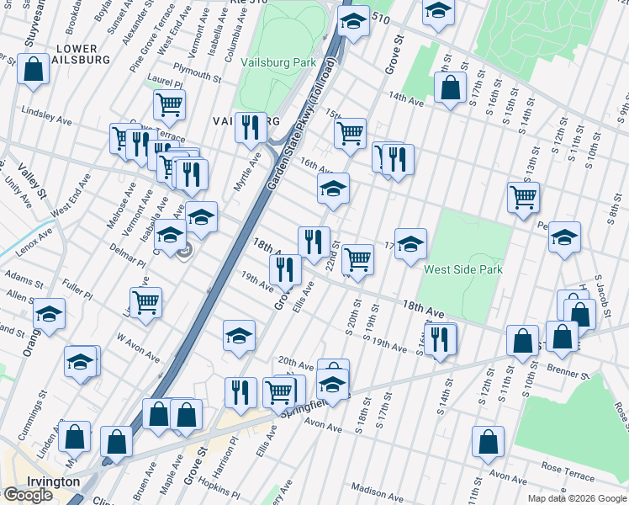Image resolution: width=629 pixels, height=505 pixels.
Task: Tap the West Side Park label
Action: pos(463,270)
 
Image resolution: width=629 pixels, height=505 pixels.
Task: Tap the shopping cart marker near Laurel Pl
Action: pos(169,105)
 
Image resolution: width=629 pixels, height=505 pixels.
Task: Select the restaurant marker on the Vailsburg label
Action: pos(251,127)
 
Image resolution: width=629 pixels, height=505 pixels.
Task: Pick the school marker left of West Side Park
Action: pos(410,244)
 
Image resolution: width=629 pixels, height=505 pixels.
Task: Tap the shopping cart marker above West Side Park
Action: pos(524,198)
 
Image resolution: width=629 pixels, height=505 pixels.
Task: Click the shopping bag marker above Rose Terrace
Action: pos(488,442)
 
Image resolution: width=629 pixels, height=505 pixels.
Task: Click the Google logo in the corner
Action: pos(28,495)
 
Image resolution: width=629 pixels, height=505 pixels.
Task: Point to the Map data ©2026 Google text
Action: pos(576,498)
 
